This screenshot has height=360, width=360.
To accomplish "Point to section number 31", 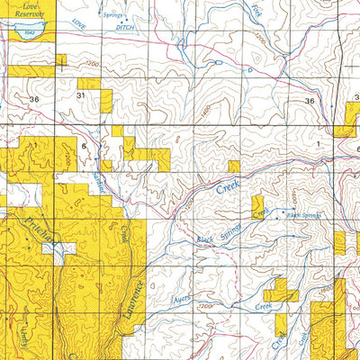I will (x=83, y=94).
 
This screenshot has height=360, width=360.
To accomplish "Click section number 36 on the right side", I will (x=310, y=101).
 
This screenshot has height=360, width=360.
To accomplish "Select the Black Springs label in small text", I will (x=303, y=216).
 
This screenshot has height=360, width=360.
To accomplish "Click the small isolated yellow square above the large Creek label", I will (x=234, y=166).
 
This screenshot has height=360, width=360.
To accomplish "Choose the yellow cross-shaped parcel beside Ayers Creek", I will (x=282, y=290).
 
